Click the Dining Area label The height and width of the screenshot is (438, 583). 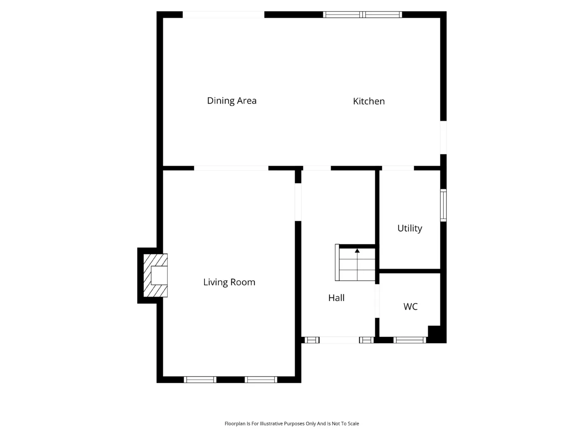[x=232, y=101]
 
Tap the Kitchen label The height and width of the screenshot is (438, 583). [x=368, y=101]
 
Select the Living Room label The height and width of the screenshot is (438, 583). [x=229, y=282]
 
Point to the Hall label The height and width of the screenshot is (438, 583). [x=336, y=298]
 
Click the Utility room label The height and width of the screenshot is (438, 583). [x=409, y=228]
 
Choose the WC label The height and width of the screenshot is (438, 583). [x=410, y=306]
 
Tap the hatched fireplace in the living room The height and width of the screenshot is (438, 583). [x=155, y=275]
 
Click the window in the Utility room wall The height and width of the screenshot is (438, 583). [x=443, y=205]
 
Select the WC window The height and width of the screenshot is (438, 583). [x=409, y=340]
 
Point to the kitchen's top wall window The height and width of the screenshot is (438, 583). [x=362, y=15]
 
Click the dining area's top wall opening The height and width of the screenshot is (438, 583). [x=223, y=15]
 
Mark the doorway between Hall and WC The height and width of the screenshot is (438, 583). [x=377, y=301]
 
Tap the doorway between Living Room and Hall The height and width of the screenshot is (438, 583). [x=298, y=202]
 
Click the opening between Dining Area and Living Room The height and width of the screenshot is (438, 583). [x=231, y=168]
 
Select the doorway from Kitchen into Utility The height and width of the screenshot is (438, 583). [x=398, y=168]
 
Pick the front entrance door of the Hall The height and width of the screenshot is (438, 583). [x=339, y=340]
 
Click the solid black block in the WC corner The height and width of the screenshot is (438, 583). [x=435, y=334]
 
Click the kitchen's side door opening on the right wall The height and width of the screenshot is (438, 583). [x=443, y=137]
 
